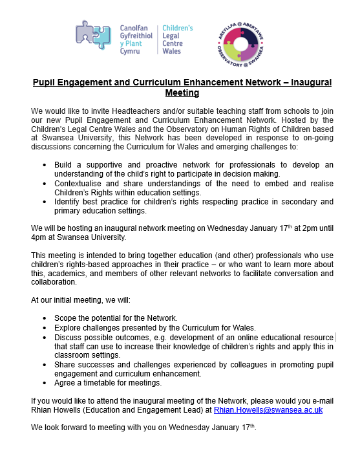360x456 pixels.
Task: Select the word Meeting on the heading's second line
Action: [182, 92]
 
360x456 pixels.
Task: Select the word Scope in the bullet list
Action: [67, 319]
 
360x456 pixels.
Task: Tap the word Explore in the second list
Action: [69, 328]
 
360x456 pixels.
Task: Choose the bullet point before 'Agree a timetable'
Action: [45, 382]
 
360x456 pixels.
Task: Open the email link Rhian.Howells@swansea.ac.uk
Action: [268, 410]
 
